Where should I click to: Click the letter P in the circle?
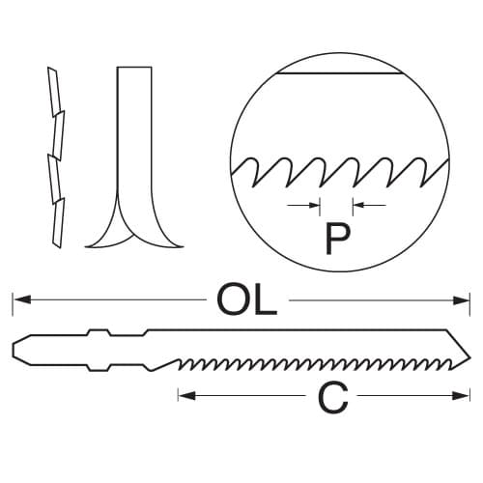coord(337,239)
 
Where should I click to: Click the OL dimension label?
coord(247,300)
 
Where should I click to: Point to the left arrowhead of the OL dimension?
coord(22,300)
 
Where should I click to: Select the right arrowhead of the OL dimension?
coord(461,300)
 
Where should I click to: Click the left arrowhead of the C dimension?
coord(187,396)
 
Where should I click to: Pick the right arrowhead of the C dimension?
coord(461,396)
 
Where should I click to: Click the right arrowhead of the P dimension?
coord(359,205)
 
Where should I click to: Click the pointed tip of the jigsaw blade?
coord(470,357)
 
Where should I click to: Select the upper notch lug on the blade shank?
coord(99,332)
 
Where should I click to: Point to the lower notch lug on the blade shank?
coord(99,368)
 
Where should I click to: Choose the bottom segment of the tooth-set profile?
coord(59,223)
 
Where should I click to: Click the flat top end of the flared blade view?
coord(134,68)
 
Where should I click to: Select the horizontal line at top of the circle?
coord(340,73)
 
